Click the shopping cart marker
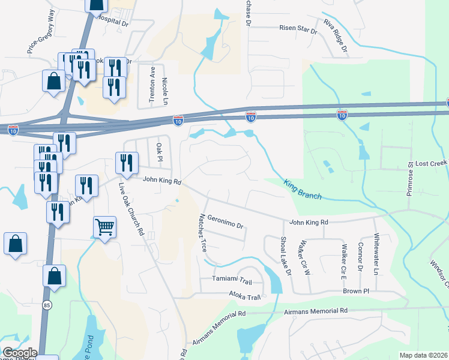[104, 227]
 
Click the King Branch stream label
[303, 190]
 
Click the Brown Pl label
[357, 291]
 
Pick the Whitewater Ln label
[376, 254]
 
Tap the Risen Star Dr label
[298, 28]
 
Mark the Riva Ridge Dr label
[336, 35]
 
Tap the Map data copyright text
[423, 355]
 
